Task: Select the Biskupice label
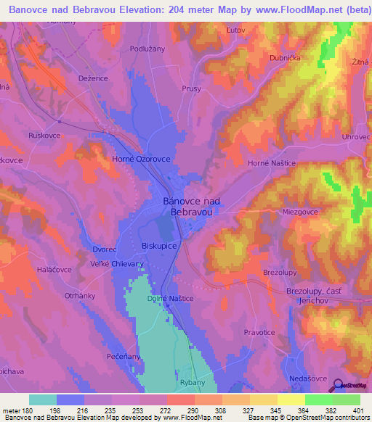pyautogui.click(x=161, y=245)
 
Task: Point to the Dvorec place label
pyautogui.click(x=105, y=249)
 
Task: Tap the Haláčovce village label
pyautogui.click(x=53, y=269)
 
